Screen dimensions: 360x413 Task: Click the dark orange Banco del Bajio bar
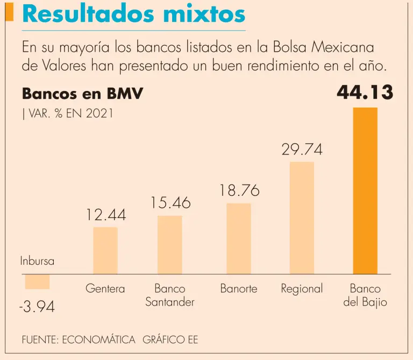[365, 191]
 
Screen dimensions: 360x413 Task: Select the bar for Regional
[302, 218]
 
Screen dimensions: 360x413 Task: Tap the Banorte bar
[239, 239]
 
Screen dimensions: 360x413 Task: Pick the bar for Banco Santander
[170, 245]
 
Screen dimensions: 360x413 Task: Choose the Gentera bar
[105, 251]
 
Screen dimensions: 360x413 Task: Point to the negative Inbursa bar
[37, 281]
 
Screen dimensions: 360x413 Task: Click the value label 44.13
[365, 93]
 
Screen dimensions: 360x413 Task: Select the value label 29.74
[302, 150]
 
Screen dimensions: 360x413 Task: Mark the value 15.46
[170, 203]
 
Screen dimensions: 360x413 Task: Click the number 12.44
[106, 215]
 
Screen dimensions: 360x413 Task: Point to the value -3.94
[37, 308]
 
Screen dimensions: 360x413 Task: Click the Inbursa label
[37, 262]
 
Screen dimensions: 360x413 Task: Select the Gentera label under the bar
[105, 289]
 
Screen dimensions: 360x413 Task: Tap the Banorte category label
[239, 289]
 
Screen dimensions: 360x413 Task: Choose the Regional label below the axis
[302, 289]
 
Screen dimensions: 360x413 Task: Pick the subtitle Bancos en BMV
[82, 94]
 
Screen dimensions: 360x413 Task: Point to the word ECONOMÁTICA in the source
[99, 340]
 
